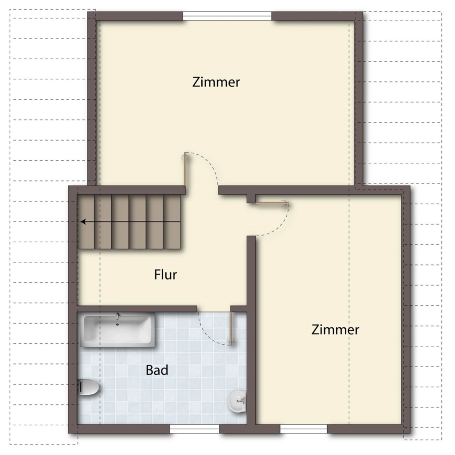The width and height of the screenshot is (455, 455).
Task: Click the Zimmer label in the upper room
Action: pos(216,82)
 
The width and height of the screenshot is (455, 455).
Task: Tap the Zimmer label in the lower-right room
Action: pos(335,330)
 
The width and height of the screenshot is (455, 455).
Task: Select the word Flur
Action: pos(165,275)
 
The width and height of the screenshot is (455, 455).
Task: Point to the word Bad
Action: pos(157,370)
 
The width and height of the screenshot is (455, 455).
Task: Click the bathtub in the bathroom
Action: pos(117,330)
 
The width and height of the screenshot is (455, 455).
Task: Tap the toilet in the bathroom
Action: pos(89,387)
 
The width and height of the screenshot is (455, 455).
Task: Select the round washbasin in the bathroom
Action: pos(237,401)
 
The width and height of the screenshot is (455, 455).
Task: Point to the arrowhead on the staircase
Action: pos(83,222)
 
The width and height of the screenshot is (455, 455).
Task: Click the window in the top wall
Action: pos(227,16)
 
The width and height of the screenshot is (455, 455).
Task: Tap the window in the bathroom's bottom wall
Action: pos(194,429)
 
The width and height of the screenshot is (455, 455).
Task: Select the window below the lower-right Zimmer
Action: pos(303,429)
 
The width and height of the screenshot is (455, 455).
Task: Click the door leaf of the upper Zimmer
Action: pos(185,169)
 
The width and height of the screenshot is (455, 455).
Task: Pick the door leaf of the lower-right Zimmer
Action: pos(272,203)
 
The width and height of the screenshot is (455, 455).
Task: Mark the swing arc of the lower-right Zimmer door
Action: pos(280,226)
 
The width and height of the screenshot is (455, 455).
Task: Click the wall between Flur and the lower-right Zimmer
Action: pos(251,330)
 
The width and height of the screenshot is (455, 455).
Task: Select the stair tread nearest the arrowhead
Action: pos(86,222)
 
